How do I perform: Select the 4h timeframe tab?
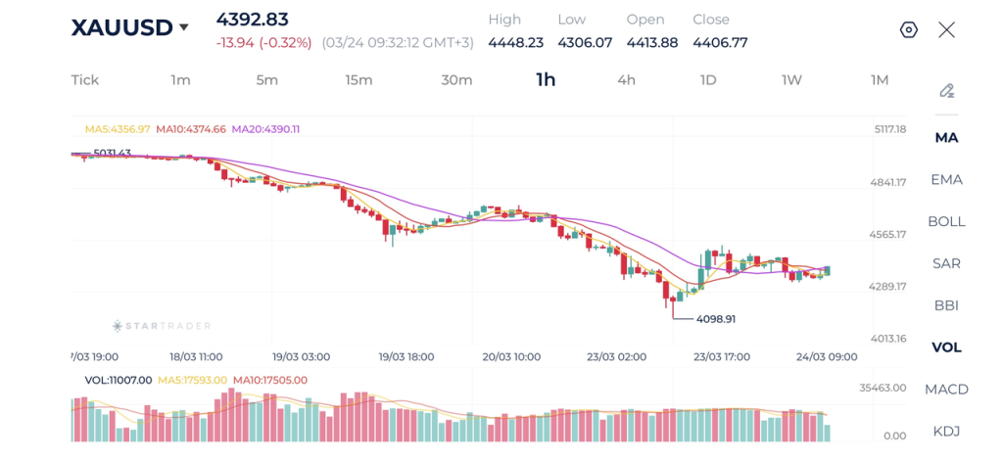(x=626, y=80)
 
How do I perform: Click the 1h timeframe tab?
(x=546, y=80)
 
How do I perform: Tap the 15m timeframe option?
(x=358, y=80)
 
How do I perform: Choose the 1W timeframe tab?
(x=791, y=80)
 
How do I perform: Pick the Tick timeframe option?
(x=85, y=80)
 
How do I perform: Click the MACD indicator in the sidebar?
(x=946, y=390)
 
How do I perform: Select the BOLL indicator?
(x=946, y=221)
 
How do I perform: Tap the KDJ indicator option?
(x=946, y=432)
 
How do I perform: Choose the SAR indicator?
(x=946, y=263)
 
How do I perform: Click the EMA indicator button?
(x=946, y=179)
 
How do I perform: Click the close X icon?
(x=946, y=29)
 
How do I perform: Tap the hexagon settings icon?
(x=909, y=29)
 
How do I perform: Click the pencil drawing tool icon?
(x=946, y=91)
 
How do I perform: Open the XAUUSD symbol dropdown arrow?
(x=183, y=28)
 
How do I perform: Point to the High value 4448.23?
(x=515, y=42)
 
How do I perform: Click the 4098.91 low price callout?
(x=715, y=319)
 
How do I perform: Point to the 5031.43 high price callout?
(x=112, y=154)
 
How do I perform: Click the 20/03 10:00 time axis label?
(x=512, y=357)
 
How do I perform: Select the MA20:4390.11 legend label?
(x=265, y=129)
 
